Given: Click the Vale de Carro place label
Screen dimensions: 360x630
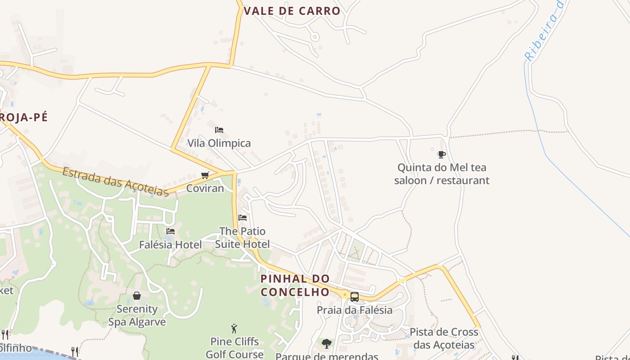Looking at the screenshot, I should click(x=292, y=11).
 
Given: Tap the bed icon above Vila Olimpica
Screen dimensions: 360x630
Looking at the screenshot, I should click(x=219, y=130).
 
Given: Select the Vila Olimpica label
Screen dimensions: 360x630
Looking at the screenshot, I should click(x=219, y=143).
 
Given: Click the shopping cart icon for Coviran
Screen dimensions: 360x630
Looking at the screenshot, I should click(x=205, y=175).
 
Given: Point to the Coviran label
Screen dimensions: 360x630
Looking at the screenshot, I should click(x=205, y=188).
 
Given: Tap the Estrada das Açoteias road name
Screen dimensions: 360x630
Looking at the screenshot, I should click(x=116, y=182).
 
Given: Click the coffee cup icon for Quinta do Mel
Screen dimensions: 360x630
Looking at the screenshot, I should click(x=441, y=155).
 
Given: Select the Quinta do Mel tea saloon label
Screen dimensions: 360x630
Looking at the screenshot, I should click(x=441, y=174).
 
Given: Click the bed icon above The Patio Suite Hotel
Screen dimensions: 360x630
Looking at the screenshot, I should click(x=243, y=218).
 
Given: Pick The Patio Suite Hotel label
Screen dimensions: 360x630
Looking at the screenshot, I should click(x=243, y=238).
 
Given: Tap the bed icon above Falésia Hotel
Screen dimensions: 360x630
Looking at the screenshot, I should click(x=171, y=231).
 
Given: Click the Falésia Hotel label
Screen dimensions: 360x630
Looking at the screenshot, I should click(x=171, y=245).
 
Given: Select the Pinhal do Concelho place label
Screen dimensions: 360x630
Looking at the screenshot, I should click(x=295, y=285).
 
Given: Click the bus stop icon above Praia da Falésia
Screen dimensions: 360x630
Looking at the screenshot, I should click(x=355, y=297).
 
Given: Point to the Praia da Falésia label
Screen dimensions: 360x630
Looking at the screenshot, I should click(x=355, y=310).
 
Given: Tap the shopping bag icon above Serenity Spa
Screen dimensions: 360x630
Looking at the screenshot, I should click(x=137, y=296).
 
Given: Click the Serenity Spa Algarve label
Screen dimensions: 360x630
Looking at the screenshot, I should click(x=137, y=315).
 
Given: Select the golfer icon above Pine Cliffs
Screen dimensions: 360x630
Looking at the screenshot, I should click(x=234, y=328).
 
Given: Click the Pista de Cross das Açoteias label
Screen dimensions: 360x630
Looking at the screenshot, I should click(x=444, y=338).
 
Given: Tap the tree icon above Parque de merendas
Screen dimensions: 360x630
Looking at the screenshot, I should click(x=327, y=344).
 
